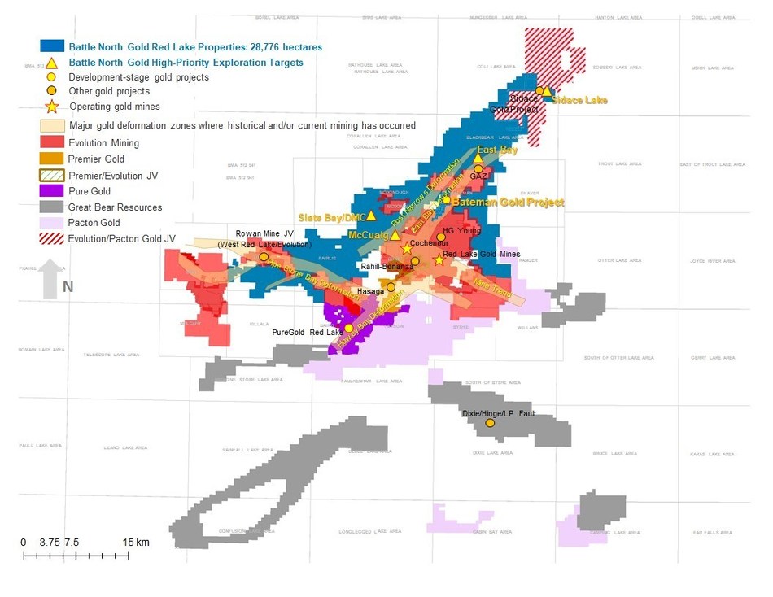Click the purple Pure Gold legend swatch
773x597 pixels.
click(52, 191)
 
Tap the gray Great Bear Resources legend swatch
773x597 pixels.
click(52, 207)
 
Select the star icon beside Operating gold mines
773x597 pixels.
click(52, 107)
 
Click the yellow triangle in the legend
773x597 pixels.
click(52, 63)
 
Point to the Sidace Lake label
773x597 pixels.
click(579, 99)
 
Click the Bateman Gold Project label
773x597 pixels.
click(508, 202)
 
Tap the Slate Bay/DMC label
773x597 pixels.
click(331, 216)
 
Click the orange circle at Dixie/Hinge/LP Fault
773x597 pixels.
click(490, 424)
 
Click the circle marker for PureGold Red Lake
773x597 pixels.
click(349, 328)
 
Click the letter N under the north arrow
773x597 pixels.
click(68, 286)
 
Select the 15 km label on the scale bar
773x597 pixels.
click(136, 543)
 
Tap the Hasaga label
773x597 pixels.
click(370, 290)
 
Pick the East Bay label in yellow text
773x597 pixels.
click(498, 150)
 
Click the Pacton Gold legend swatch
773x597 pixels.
click(52, 223)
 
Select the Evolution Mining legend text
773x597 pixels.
click(103, 143)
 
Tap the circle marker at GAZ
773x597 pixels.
click(478, 169)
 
